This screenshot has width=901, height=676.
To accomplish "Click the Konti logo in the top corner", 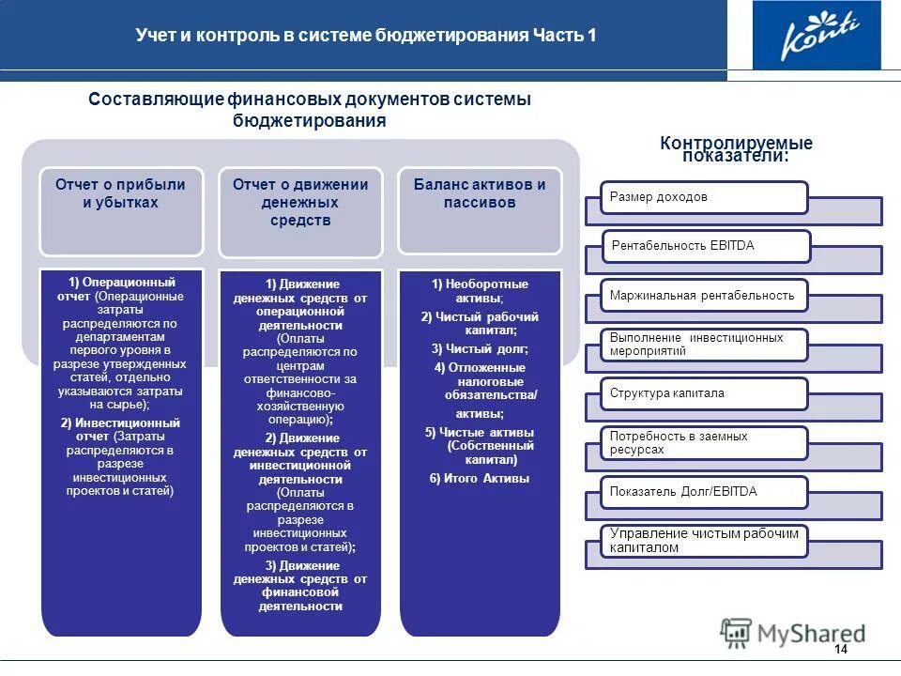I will click(x=817, y=36).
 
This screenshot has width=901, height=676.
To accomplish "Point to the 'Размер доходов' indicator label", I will click(x=659, y=197).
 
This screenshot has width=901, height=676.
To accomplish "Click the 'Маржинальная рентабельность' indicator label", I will click(x=702, y=295).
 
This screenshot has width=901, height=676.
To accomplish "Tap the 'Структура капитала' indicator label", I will click(x=667, y=393).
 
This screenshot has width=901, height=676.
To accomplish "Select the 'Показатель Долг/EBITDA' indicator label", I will click(x=683, y=491).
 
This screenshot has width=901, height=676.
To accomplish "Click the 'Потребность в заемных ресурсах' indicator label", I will click(x=679, y=443).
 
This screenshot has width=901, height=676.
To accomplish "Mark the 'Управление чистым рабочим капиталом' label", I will click(x=704, y=540).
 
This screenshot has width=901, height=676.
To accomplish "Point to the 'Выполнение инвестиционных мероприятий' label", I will click(x=696, y=344).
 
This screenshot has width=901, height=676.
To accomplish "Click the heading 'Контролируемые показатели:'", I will click(x=736, y=148).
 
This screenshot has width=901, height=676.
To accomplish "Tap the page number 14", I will click(x=840, y=651).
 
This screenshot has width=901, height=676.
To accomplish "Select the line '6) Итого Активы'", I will click(x=480, y=478).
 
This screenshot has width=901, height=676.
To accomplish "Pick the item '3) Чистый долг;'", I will click(x=480, y=348).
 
